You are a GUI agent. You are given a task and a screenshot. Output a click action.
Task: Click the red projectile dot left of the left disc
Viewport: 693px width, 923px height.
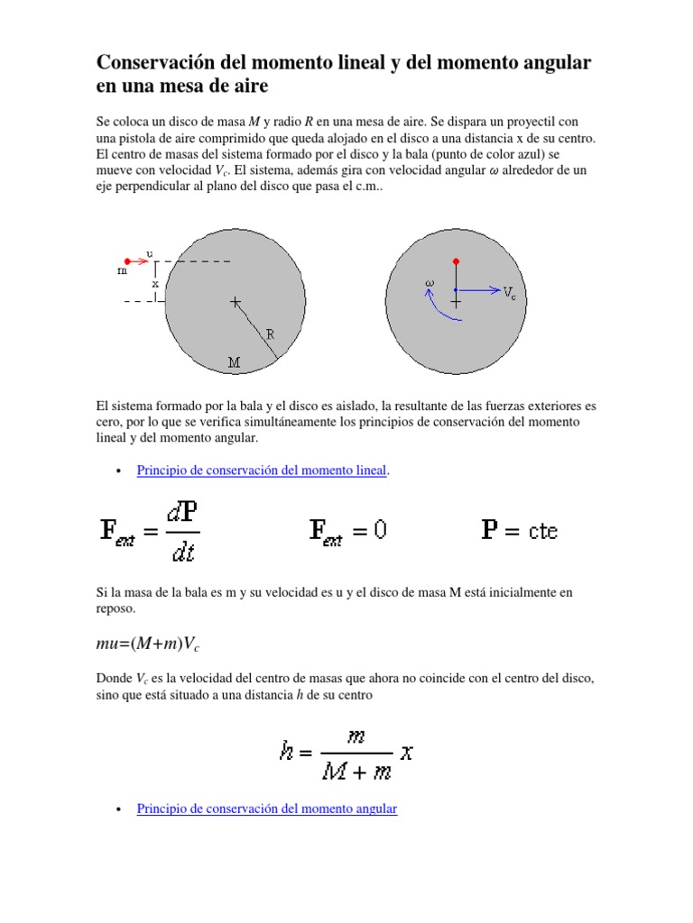coord(127,261)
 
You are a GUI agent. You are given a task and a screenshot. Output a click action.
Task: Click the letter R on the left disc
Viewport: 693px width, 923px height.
coord(269,334)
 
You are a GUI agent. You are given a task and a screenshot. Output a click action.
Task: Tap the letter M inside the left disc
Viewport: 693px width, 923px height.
coord(234,362)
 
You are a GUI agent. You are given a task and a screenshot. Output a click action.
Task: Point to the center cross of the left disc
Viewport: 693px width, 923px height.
coord(236,302)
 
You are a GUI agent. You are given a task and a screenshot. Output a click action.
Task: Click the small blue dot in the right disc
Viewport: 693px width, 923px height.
coord(456,290)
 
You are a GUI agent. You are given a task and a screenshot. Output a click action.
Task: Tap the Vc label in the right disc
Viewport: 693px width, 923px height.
coord(510,292)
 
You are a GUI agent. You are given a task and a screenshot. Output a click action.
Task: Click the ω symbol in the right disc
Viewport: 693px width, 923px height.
coord(430,283)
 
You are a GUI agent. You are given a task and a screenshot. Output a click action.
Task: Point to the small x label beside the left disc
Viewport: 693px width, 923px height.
coord(155,283)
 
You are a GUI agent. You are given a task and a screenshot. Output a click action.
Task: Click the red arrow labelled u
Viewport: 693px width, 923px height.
coord(140,261)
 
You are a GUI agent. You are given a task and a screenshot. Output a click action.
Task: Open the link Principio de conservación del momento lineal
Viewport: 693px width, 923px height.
coord(261,471)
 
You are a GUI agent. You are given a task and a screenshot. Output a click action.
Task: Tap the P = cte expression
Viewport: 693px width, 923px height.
coord(519,530)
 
